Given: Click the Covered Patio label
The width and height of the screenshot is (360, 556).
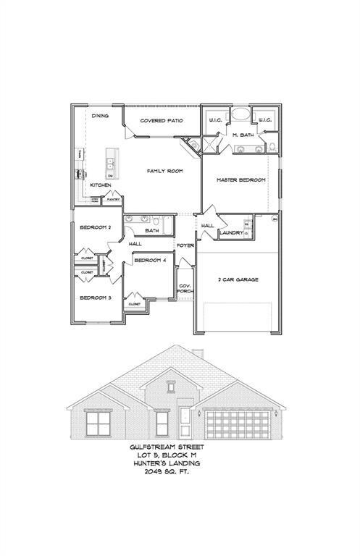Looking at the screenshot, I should tap(161, 121).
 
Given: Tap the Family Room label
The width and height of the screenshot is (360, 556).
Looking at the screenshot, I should tap(164, 171).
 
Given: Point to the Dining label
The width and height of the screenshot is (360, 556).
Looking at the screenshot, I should tap(100, 116).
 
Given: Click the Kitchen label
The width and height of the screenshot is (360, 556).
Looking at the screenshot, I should tap(100, 185).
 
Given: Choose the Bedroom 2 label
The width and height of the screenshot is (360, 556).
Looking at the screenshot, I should tap(95, 227).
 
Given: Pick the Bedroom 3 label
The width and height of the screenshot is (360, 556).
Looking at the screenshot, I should tap(95, 298).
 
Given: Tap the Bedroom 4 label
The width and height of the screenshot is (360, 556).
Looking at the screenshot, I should tap(151, 259).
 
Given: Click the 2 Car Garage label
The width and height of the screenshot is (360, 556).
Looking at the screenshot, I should tap(238, 279).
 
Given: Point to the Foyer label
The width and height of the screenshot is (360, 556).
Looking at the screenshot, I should tap(185, 245).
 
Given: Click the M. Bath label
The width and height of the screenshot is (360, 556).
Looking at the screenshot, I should tap(243, 135).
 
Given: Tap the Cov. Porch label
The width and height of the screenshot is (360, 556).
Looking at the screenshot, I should tap(185, 288).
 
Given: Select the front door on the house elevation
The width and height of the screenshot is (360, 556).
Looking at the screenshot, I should tap(185, 417).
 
